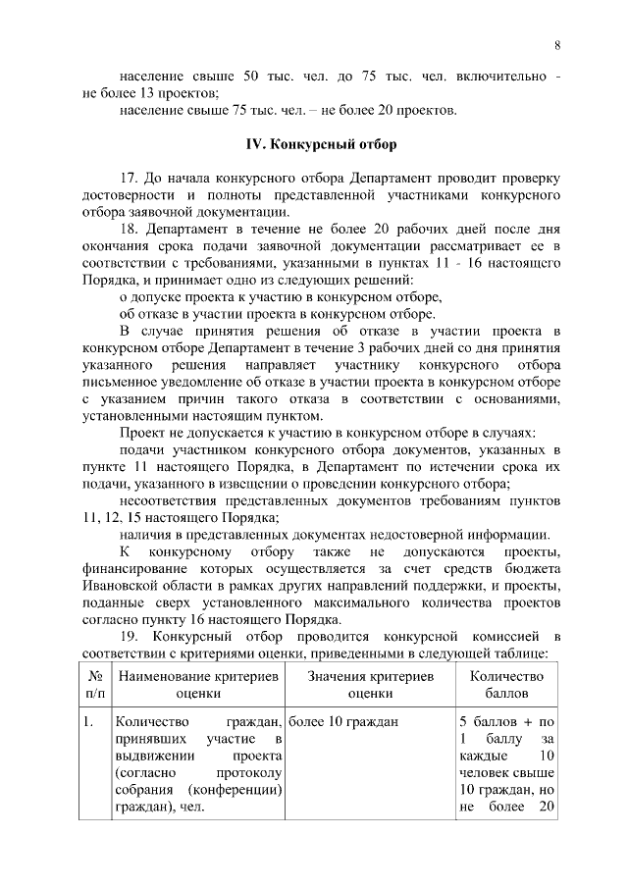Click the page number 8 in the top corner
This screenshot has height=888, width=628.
[x=557, y=45]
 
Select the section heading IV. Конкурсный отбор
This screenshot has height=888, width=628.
[x=321, y=145]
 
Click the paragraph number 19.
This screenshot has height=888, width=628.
[x=130, y=638]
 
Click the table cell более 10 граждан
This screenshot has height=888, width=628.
[x=343, y=723]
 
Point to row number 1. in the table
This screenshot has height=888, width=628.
[x=89, y=723]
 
